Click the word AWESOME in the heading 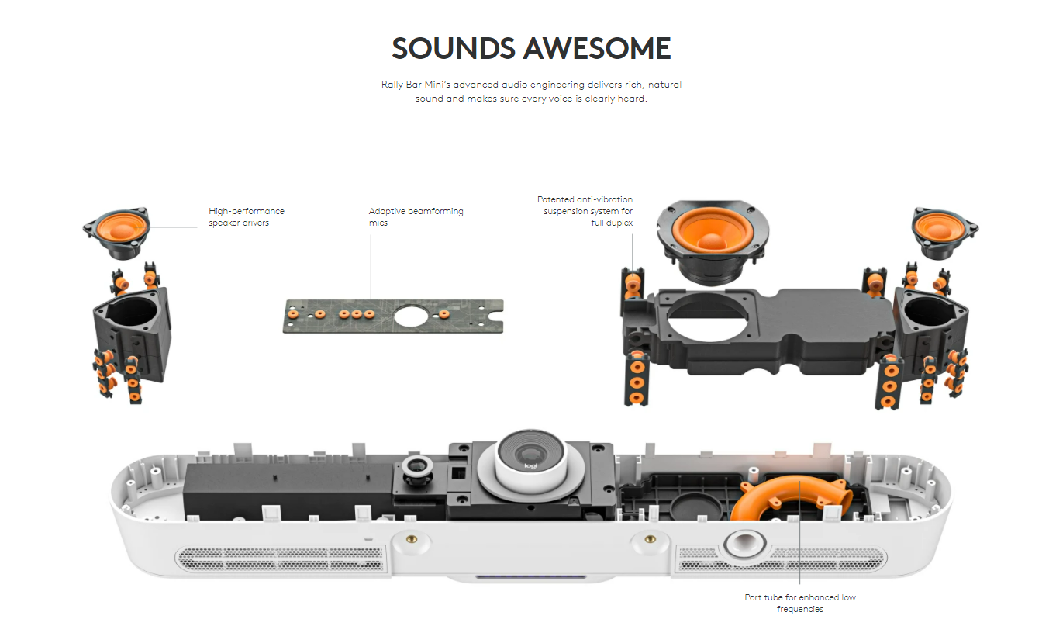[x=597, y=49]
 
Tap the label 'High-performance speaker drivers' [x=247, y=217]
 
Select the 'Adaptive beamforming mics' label [x=416, y=217]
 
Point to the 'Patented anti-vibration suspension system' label [x=585, y=211]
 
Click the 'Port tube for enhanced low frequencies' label [x=800, y=603]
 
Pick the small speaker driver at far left [x=116, y=230]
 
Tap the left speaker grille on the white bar [x=281, y=559]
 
